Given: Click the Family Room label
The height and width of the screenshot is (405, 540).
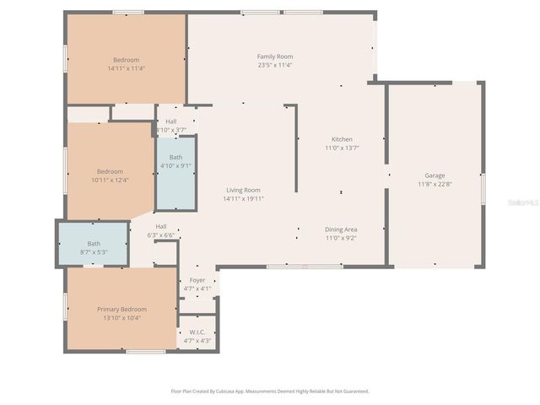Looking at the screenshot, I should (274, 57).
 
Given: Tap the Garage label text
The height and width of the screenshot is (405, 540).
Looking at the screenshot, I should (435, 175).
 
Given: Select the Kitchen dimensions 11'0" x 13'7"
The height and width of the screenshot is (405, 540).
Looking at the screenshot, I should (342, 148).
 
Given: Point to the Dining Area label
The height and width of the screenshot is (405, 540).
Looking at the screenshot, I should (341, 229).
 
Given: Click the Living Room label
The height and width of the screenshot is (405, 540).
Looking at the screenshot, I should (243, 190).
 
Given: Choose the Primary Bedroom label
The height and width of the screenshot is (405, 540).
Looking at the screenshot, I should (121, 309).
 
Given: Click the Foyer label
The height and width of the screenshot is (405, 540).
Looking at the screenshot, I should (197, 280).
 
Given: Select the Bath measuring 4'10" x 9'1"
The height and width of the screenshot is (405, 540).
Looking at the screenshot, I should (175, 161).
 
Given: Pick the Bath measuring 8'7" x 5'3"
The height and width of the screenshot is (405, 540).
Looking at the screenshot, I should (93, 247).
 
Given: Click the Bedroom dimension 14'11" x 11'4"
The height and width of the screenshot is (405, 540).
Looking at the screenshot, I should (126, 68).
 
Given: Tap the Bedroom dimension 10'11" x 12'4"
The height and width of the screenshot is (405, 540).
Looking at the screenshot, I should (110, 179).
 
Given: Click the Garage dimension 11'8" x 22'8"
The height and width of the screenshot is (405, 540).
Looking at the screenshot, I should (435, 184).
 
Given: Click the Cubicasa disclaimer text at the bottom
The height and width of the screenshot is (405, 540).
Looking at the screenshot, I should (270, 391).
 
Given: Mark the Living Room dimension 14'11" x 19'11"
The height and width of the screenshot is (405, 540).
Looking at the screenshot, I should (243, 199).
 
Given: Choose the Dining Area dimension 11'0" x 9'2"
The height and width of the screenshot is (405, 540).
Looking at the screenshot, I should (341, 238).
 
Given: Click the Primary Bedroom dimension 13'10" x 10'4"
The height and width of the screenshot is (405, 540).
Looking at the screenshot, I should (121, 318).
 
